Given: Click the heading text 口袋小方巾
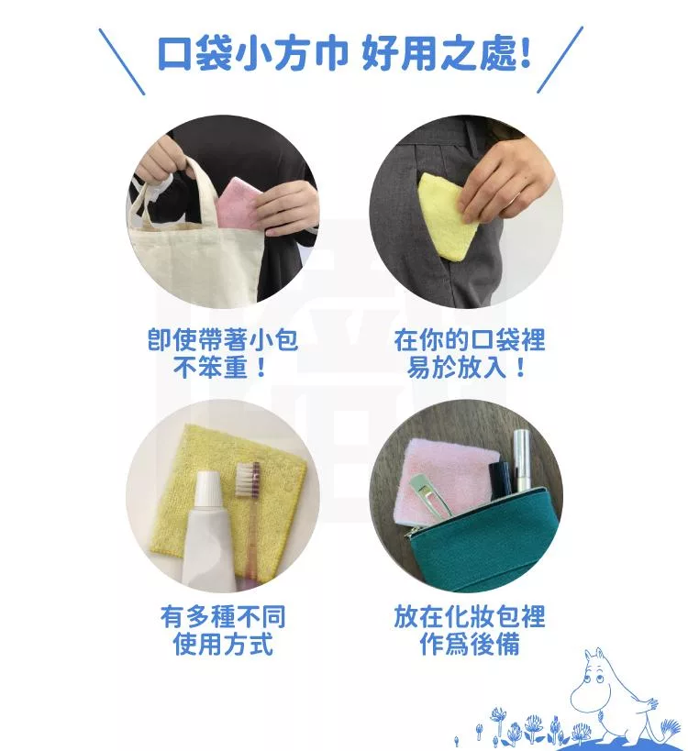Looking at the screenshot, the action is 253,53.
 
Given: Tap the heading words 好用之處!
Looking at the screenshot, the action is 447,53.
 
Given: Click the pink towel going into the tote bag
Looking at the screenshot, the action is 239,203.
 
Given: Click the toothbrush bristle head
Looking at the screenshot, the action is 249,479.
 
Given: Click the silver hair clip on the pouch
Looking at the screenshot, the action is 432,496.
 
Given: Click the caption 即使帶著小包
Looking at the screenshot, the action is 223,340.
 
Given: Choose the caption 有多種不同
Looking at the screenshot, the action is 223,616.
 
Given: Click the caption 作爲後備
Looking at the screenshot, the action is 470,644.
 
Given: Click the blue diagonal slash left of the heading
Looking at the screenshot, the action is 122,61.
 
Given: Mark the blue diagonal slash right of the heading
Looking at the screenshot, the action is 560,60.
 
